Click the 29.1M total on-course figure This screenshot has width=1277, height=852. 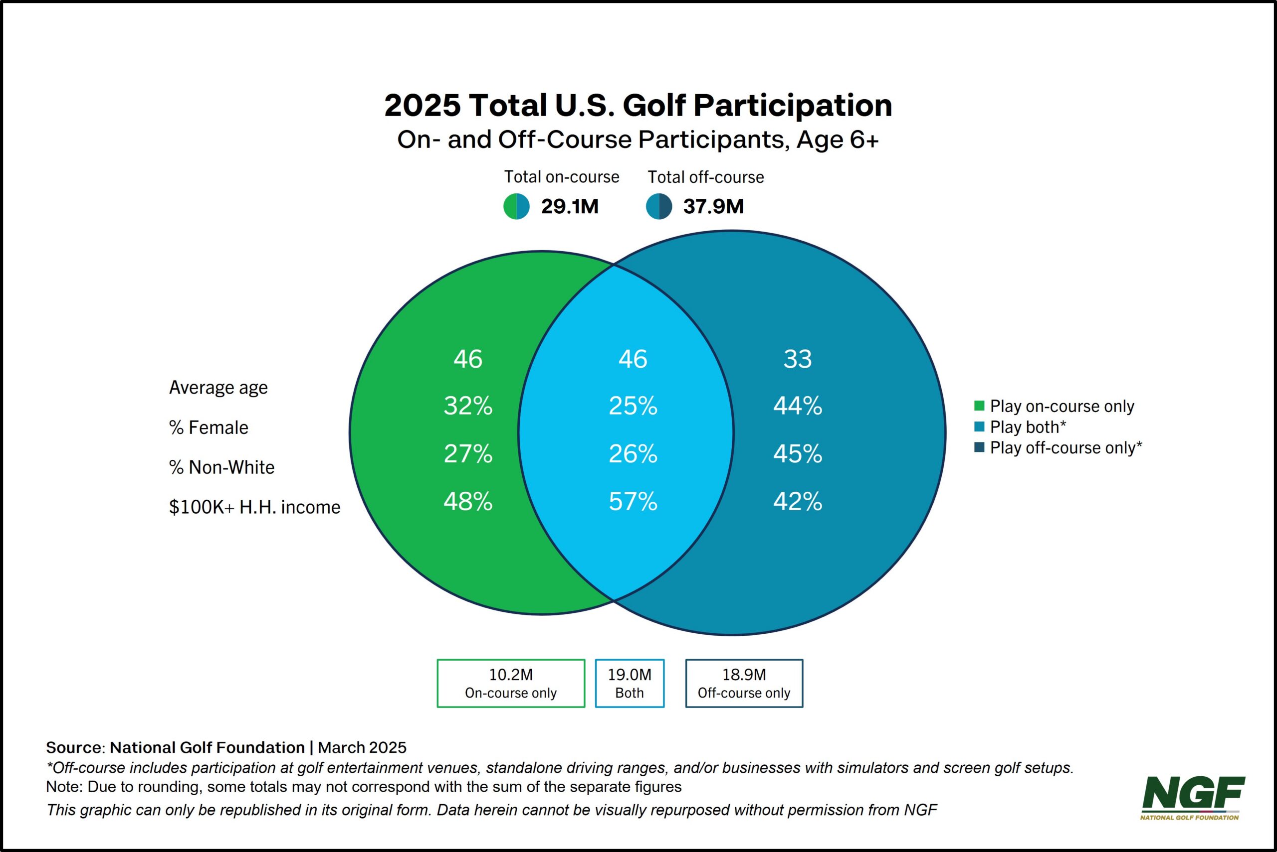[x=570, y=206]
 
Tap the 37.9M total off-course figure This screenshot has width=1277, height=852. [x=713, y=206]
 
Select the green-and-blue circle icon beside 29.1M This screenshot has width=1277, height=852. [x=516, y=206]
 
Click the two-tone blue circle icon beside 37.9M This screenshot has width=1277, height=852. [x=658, y=206]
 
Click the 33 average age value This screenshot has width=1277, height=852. [x=797, y=359]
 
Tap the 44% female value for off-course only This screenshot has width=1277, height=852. [x=797, y=406]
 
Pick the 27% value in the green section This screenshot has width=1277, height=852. [x=468, y=454]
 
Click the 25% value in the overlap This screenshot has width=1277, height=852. [x=633, y=406]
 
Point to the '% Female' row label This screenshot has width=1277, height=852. [x=209, y=427]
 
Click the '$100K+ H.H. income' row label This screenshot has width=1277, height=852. [x=254, y=507]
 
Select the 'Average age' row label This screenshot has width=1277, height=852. [x=218, y=388]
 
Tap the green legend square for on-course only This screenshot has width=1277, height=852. [x=979, y=406]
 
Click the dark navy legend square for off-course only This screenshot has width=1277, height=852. [x=979, y=447]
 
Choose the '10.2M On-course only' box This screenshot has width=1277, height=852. [x=511, y=683]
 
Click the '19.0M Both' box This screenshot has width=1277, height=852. [x=629, y=683]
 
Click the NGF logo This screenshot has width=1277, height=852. [x=1193, y=797]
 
